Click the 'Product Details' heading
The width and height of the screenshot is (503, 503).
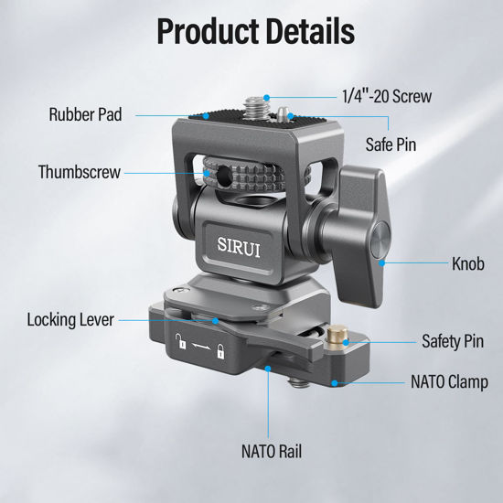[x=255, y=30]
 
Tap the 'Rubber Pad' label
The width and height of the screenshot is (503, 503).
[x=85, y=115]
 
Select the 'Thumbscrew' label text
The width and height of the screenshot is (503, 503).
[x=79, y=171]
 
